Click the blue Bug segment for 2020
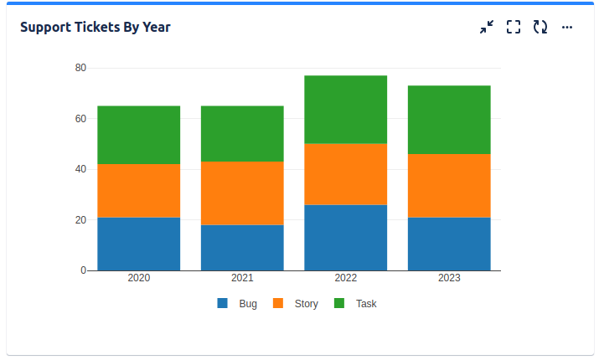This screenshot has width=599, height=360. coord(139,244)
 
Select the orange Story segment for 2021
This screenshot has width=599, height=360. coord(242,193)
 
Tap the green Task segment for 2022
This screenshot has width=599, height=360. coord(345,110)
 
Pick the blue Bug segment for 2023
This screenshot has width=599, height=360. coord(449,244)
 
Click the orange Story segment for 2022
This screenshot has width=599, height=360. coord(345,174)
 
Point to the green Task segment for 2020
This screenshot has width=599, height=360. coord(139,135)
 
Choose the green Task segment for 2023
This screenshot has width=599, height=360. coord(449,120)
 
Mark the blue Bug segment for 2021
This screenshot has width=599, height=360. coord(242,248)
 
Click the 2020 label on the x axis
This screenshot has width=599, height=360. coord(139,278)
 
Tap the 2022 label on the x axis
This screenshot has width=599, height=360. coord(345,278)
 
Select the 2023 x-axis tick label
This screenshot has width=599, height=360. coord(449,278)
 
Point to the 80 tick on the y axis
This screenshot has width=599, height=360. coord(80,68)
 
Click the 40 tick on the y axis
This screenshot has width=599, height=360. coord(80,169)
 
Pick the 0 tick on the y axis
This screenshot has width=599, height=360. coord(83,270)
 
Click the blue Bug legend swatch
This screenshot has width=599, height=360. coord(223,304)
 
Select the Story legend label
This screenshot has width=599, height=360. coord(306,304)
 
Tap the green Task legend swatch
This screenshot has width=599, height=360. coord(339,304)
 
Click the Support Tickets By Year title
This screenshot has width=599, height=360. coord(96,27)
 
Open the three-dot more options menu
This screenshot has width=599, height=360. coord(567,27)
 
